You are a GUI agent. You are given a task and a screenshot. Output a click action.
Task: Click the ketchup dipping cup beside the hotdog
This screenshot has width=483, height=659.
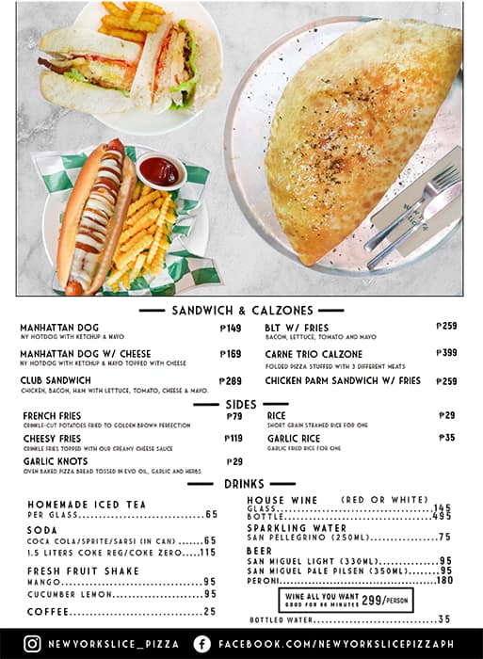[160, 170]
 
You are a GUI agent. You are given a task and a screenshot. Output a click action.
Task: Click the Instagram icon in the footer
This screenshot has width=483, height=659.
[32, 644]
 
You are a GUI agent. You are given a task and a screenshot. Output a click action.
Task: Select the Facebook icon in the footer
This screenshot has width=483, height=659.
[201, 644]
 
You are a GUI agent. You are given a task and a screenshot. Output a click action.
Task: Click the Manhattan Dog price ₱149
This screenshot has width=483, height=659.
[231, 329]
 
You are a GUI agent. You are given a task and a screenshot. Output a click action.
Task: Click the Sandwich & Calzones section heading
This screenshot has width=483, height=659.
[241, 311]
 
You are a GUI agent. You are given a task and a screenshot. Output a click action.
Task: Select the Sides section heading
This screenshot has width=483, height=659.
[240, 404]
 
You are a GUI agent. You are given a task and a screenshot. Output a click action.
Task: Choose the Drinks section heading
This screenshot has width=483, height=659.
[241, 484]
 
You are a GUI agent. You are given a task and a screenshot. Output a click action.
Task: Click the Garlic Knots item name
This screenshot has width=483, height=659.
[56, 461]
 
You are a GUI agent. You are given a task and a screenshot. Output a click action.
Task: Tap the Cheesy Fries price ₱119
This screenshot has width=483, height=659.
[233, 439]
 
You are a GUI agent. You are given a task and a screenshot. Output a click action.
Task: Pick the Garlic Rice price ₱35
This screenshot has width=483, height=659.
[446, 438]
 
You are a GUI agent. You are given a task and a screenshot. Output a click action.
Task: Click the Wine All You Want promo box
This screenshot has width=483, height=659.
[346, 600]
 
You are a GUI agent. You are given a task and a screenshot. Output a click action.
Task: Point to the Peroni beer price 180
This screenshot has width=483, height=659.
[443, 581]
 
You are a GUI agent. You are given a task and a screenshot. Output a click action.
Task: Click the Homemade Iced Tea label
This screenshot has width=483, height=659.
[87, 505]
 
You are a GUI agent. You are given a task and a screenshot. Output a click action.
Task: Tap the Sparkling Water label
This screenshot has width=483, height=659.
[296, 528]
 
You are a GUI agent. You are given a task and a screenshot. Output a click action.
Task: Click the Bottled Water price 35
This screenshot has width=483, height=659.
[444, 619]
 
